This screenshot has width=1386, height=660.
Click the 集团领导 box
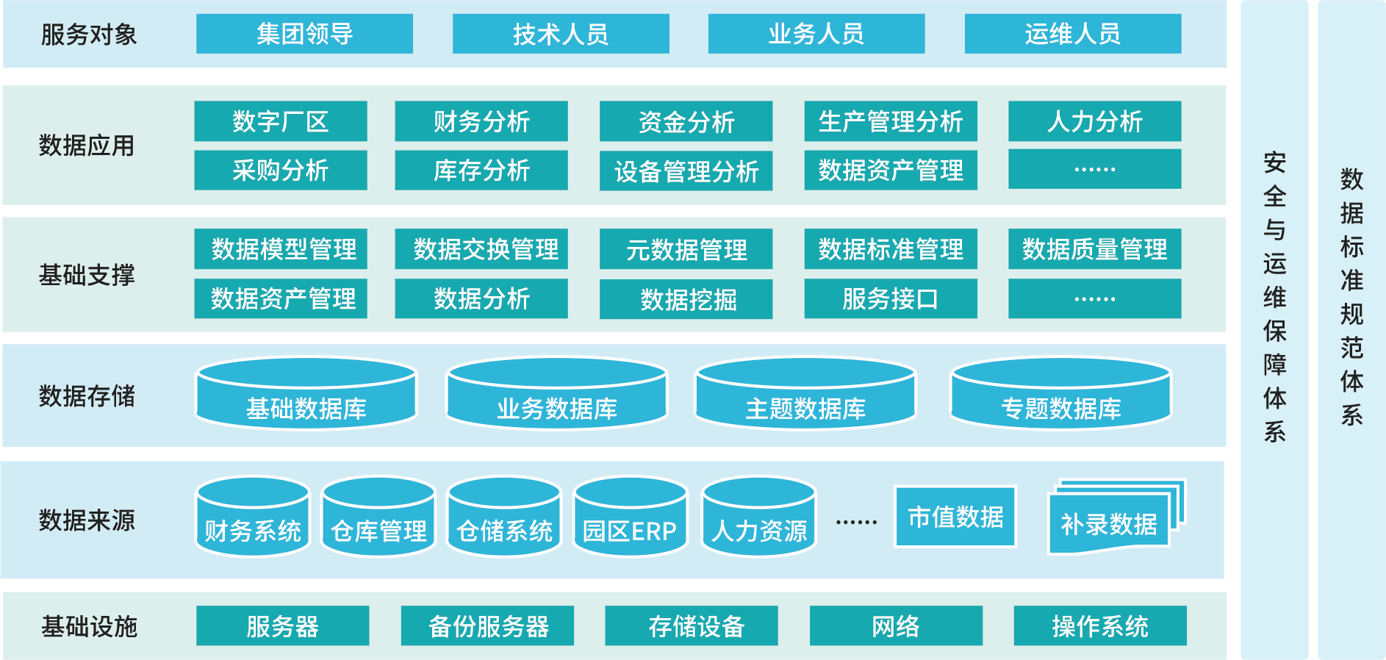click(x=304, y=34)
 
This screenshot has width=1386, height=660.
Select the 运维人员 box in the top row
click(x=1072, y=34)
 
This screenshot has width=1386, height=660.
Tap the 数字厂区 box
click(x=280, y=121)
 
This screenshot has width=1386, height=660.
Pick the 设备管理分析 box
click(x=686, y=171)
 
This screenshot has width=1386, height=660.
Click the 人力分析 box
click(x=1094, y=121)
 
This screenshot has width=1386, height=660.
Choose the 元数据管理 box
click(x=686, y=249)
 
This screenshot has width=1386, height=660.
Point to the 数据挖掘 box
click(x=686, y=299)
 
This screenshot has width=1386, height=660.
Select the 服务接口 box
click(x=890, y=298)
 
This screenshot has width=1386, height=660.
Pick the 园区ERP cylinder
click(x=630, y=518)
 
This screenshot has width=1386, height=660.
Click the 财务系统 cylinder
click(x=253, y=518)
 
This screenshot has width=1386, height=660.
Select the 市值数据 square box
click(x=955, y=517)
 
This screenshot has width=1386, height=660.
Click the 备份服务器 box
click(x=487, y=626)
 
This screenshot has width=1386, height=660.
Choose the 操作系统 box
click(x=1099, y=626)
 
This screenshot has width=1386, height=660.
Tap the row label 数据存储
click(x=87, y=396)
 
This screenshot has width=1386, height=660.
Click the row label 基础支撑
click(x=87, y=275)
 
